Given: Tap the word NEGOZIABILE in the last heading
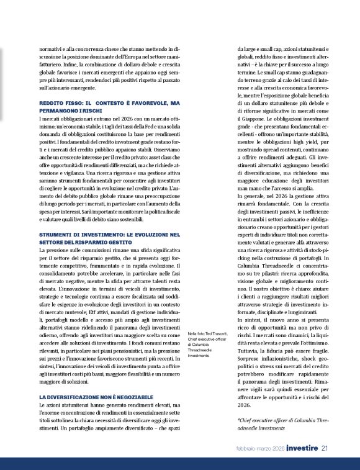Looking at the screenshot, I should tap(120, 396).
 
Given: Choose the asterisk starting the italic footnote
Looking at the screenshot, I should tap(238, 419).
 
